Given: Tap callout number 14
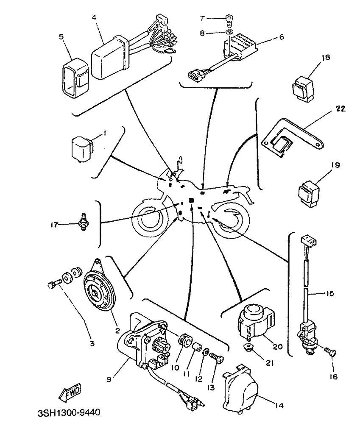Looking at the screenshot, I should pyautogui.click(x=278, y=405).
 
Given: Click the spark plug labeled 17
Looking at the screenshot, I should pyautogui.click(x=84, y=222).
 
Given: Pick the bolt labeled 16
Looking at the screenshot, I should pyautogui.click(x=329, y=352).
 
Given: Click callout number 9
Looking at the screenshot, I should pyautogui.click(x=109, y=379).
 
